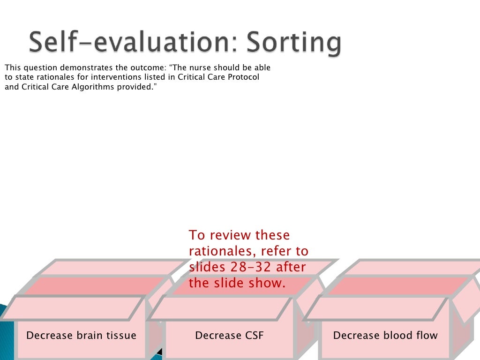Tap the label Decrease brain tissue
coord(81,336)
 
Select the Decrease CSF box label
coord(229,336)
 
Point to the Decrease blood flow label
coord(385,336)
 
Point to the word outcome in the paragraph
coord(148,67)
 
